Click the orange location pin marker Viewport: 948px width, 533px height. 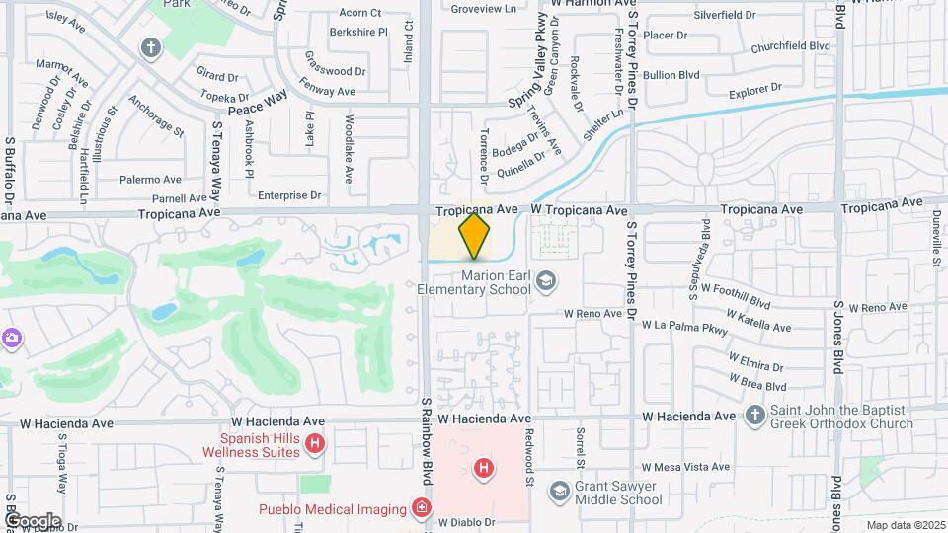(x=475, y=235)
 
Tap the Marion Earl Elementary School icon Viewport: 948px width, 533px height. (x=544, y=283)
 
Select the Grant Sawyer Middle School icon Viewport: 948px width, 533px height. (x=560, y=490)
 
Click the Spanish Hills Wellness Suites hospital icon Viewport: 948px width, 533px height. (x=315, y=445)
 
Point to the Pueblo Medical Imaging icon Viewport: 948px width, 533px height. (x=422, y=508)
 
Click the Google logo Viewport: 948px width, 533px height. (x=32, y=521)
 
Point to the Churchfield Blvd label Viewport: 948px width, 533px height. (x=790, y=46)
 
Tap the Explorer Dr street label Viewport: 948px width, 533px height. (x=754, y=90)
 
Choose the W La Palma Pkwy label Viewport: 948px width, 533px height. (x=681, y=325)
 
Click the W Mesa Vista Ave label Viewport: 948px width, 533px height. (x=685, y=467)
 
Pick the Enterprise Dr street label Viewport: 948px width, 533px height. (x=289, y=195)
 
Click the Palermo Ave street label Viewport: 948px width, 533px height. (x=150, y=181)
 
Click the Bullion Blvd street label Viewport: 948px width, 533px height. (x=671, y=75)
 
